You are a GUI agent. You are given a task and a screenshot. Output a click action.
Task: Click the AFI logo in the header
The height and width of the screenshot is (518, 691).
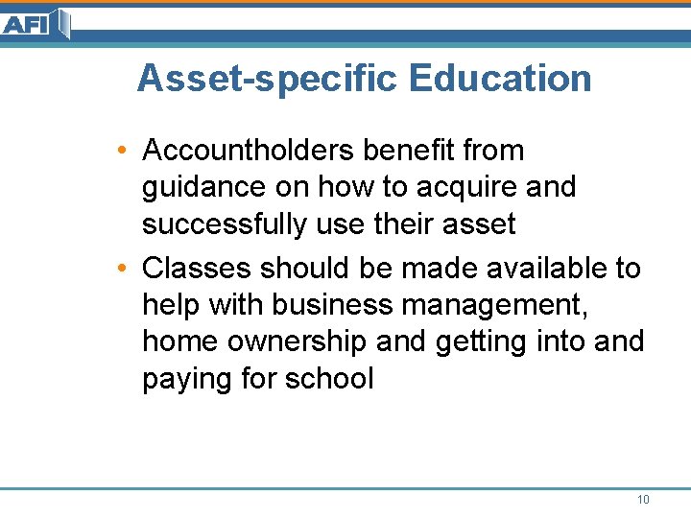point(35,23)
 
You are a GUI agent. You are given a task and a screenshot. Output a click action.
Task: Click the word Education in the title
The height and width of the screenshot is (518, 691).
point(500,79)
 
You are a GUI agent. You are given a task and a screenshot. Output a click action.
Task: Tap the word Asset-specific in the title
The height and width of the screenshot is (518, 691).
point(267,79)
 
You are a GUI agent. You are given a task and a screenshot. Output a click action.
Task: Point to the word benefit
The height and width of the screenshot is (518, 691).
point(419,151)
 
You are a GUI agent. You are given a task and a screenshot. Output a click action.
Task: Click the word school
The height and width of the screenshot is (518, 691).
point(329,379)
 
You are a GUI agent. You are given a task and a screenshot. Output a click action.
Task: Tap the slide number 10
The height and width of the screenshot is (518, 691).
point(642,500)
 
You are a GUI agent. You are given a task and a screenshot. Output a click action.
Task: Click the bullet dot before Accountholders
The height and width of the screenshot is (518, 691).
point(125,152)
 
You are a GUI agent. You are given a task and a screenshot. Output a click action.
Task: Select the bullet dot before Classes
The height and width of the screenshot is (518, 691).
point(125,269)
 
